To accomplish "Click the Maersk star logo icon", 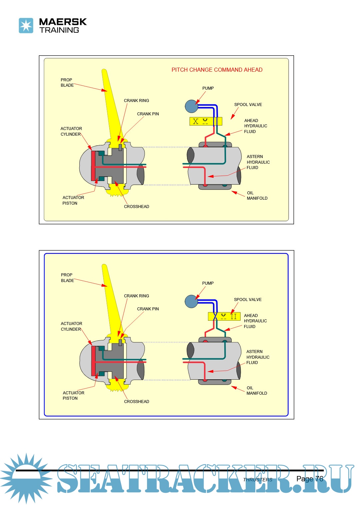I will tap(26, 26).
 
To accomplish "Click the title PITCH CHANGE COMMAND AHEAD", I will tap(217, 70).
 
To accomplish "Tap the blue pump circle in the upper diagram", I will tap(191, 106).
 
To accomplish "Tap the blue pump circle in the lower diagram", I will tap(191, 301).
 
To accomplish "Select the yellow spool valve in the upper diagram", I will tap(206, 121).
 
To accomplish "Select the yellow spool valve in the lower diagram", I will tap(224, 316).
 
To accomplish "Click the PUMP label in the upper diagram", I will tap(208, 88).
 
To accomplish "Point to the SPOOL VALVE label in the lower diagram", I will tap(248, 300).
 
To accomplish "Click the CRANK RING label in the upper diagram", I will tap(136, 101).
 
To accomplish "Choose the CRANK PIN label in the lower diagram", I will tap(148, 309).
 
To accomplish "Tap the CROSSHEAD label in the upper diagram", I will tap(136, 207).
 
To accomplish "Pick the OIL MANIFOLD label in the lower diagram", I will tap(257, 391).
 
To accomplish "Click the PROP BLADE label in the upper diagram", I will tap(67, 83).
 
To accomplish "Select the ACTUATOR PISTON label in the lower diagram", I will tap(73, 395).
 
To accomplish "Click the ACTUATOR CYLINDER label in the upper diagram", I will tap(71, 131).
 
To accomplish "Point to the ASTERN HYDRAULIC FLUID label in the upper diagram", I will tap(258, 162).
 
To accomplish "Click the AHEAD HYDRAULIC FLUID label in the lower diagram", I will tap(255, 321).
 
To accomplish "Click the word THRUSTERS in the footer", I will tap(258, 480).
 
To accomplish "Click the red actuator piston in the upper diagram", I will tap(93, 166).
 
